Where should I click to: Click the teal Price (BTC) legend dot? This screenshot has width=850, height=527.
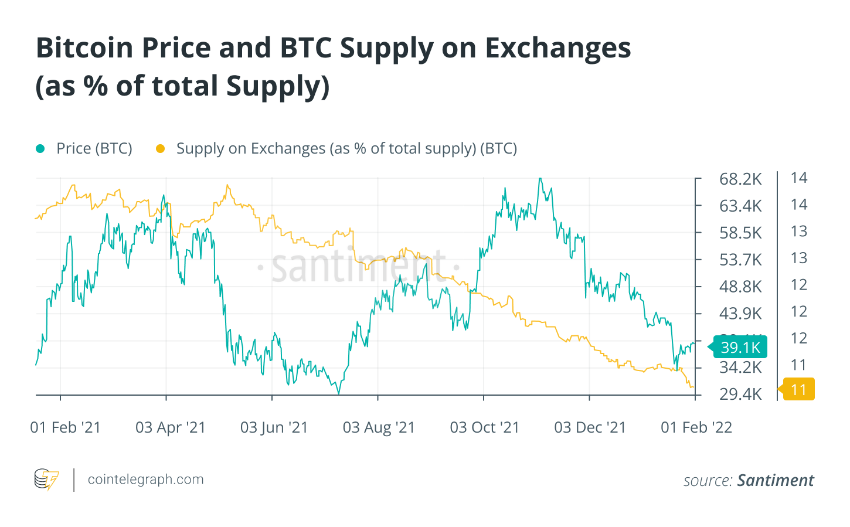pos(40,149)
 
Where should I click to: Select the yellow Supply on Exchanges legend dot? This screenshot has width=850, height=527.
pos(160,149)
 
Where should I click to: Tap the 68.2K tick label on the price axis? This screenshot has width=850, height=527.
pos(740,179)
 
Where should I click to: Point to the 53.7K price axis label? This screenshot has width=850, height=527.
pos(740,260)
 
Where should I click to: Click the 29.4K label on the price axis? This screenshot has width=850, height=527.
pos(740,394)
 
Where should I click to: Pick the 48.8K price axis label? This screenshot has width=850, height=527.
pos(740,287)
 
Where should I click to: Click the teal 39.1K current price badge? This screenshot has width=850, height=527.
pos(740,347)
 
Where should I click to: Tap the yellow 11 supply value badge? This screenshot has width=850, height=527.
pos(798,390)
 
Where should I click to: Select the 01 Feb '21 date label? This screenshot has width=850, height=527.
pos(65,427)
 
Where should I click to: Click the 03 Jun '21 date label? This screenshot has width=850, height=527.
pos(274,427)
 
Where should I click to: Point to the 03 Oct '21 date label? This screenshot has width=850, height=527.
pos(484,427)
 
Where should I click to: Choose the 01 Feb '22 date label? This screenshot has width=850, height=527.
pos(696,427)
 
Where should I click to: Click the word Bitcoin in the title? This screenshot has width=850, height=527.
pos(84,48)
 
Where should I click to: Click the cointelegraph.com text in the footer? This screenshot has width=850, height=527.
pos(145,480)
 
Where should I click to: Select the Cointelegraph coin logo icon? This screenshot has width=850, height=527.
pos(46,480)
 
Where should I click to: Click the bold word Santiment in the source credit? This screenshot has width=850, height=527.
pos(775,481)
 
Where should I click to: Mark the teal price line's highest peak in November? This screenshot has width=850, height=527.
pos(540,179)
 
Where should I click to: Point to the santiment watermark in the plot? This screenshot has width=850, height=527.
pos(358,267)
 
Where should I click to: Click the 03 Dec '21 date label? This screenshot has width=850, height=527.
pos(590,427)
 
